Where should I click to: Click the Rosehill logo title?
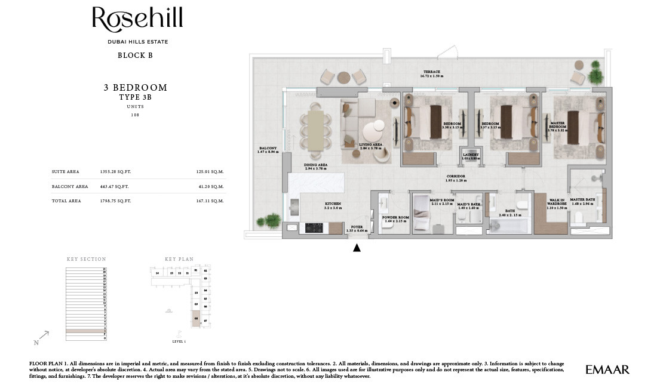pyautogui.click(x=137, y=19)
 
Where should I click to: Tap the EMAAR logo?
pyautogui.click(x=607, y=369)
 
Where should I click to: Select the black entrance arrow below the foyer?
pyautogui.click(x=357, y=248)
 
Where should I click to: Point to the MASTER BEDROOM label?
pyautogui.click(x=557, y=125)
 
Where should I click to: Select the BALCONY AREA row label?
pyautogui.click(x=70, y=186)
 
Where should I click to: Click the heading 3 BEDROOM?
pyautogui.click(x=135, y=88)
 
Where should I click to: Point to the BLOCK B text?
pyautogui.click(x=135, y=56)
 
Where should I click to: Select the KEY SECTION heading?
pyautogui.click(x=87, y=259)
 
